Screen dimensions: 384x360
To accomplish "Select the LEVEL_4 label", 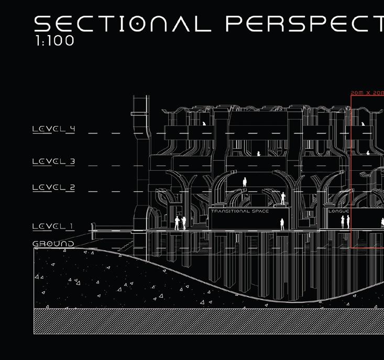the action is [x=53, y=129].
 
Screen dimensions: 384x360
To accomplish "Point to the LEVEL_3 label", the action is [x=53, y=161].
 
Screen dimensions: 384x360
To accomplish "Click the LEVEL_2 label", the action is [x=53, y=188].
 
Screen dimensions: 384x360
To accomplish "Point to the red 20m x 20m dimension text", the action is [x=367, y=93].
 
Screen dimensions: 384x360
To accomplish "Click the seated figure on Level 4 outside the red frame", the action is [x=204, y=124].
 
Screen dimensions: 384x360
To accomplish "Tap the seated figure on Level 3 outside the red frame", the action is [x=258, y=154].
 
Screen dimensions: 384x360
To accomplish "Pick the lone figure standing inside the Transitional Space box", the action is [x=282, y=224].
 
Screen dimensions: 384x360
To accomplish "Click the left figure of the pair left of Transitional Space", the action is [x=177, y=223].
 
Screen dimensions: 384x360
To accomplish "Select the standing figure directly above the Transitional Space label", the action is [x=244, y=182].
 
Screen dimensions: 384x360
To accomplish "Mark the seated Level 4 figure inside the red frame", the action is [x=363, y=124].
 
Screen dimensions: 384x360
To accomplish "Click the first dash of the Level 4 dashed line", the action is [x=93, y=133].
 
